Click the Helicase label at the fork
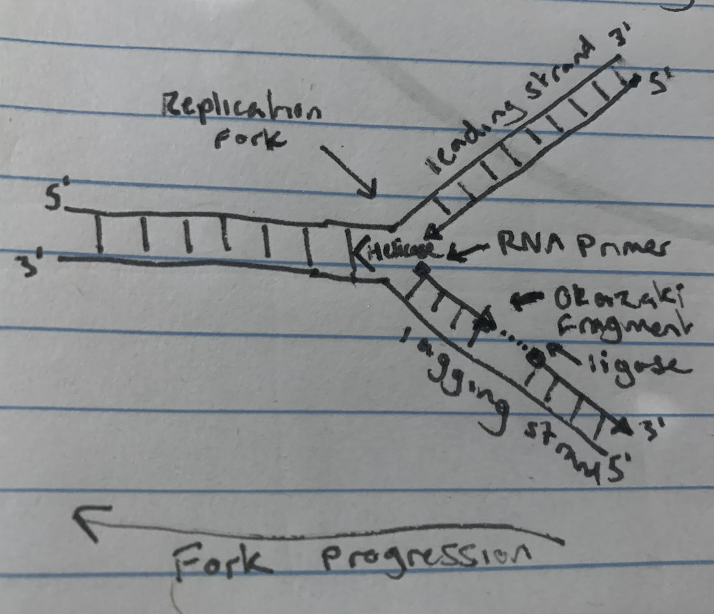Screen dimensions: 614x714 point(402,250)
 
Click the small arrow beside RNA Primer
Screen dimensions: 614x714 point(469,250)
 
